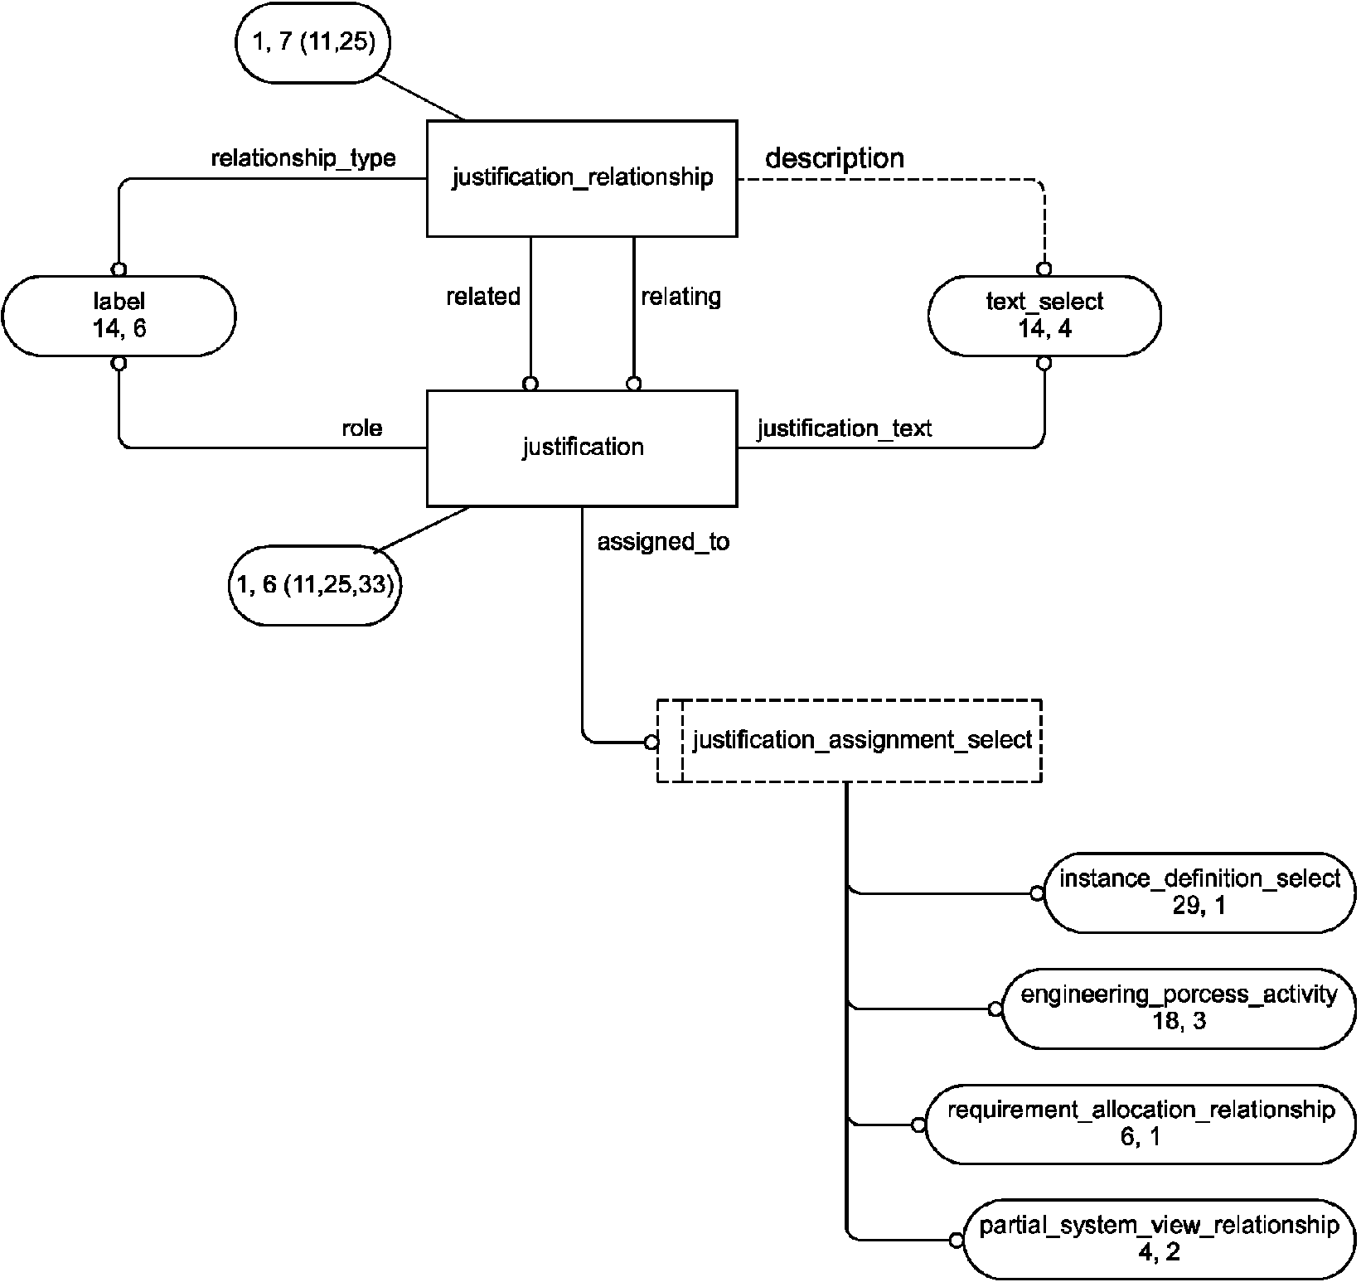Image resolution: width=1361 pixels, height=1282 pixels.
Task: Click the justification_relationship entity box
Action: point(582,178)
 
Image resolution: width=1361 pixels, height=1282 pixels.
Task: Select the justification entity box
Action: point(582,447)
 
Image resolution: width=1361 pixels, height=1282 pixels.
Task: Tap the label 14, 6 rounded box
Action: point(119,316)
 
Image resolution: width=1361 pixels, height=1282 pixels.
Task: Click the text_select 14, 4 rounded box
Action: point(1044,316)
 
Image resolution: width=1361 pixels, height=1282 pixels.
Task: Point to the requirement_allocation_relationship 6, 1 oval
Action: point(1140,1123)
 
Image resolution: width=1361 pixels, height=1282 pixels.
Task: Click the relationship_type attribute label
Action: point(303,158)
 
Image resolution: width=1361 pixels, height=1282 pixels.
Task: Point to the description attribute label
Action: point(834,158)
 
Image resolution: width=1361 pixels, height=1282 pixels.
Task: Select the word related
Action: point(483,297)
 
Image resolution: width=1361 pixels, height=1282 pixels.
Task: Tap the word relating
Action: point(680,297)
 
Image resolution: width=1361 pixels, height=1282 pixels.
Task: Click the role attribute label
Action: point(362,428)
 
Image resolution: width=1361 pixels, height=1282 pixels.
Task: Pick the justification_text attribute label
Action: point(845,428)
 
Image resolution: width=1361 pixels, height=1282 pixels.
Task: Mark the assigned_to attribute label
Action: point(663,542)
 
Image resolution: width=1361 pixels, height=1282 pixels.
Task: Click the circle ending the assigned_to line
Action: point(651,742)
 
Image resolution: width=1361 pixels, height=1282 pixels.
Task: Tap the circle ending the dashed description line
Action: point(1044,269)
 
